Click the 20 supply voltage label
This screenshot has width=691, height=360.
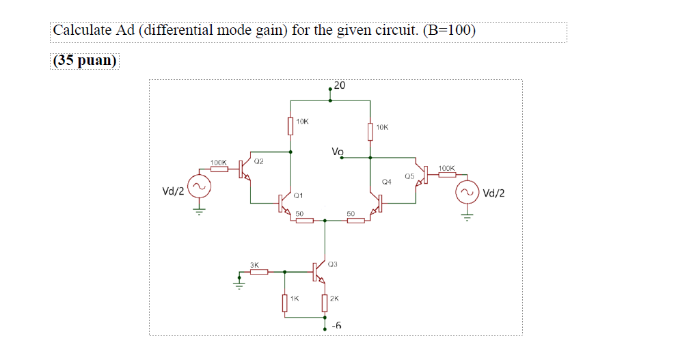coord(340,85)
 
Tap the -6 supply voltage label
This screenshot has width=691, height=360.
coord(336,327)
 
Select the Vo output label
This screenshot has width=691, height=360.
coord(338,151)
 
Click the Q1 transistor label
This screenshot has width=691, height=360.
coord(297,196)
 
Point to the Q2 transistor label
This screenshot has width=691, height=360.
coord(258,162)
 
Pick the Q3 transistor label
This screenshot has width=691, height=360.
coord(333,263)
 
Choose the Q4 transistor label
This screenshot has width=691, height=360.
coord(387,182)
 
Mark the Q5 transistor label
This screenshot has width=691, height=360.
coord(409,176)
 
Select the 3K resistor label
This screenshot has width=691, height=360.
coord(254,264)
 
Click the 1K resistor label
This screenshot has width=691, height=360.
coord(294,299)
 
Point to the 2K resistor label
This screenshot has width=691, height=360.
coord(334,299)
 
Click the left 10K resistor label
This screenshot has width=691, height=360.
coord(302,122)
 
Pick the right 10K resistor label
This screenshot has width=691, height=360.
coord(381,127)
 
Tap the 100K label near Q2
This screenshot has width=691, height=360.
coord(219,162)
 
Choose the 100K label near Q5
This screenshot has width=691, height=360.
coord(446,167)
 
